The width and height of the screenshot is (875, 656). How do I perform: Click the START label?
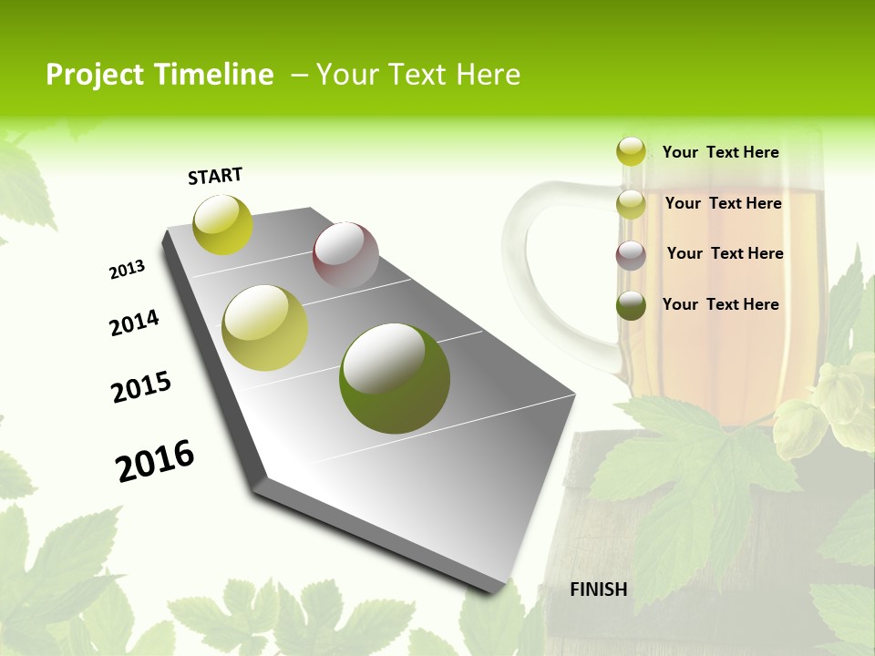coord(215,176)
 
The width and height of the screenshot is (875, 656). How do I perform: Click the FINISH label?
coord(599,589)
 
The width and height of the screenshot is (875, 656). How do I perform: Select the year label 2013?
coord(127,270)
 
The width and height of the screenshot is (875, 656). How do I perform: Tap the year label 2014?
coord(134,323)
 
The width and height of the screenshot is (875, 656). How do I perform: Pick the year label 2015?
coord(141,387)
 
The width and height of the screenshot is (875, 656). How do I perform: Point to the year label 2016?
coord(155,460)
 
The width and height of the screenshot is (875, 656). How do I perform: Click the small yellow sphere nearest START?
coord(222,225)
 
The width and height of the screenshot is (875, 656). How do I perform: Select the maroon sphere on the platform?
coord(345,256)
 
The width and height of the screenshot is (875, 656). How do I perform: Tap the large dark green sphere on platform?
coord(395,377)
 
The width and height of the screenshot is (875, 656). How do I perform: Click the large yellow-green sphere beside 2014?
coord(265,328)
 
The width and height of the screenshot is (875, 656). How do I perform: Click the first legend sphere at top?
coord(631,151)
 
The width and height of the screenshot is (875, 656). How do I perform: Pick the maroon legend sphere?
coord(631,255)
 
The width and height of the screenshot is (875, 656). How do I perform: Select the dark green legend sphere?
coord(631,305)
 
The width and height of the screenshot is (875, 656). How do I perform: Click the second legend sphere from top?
coord(631,204)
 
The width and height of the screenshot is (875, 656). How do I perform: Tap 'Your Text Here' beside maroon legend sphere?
coord(725,253)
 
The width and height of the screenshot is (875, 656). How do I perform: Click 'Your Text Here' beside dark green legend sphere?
coord(720,304)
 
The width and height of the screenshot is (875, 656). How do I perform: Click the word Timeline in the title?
coord(215,75)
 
